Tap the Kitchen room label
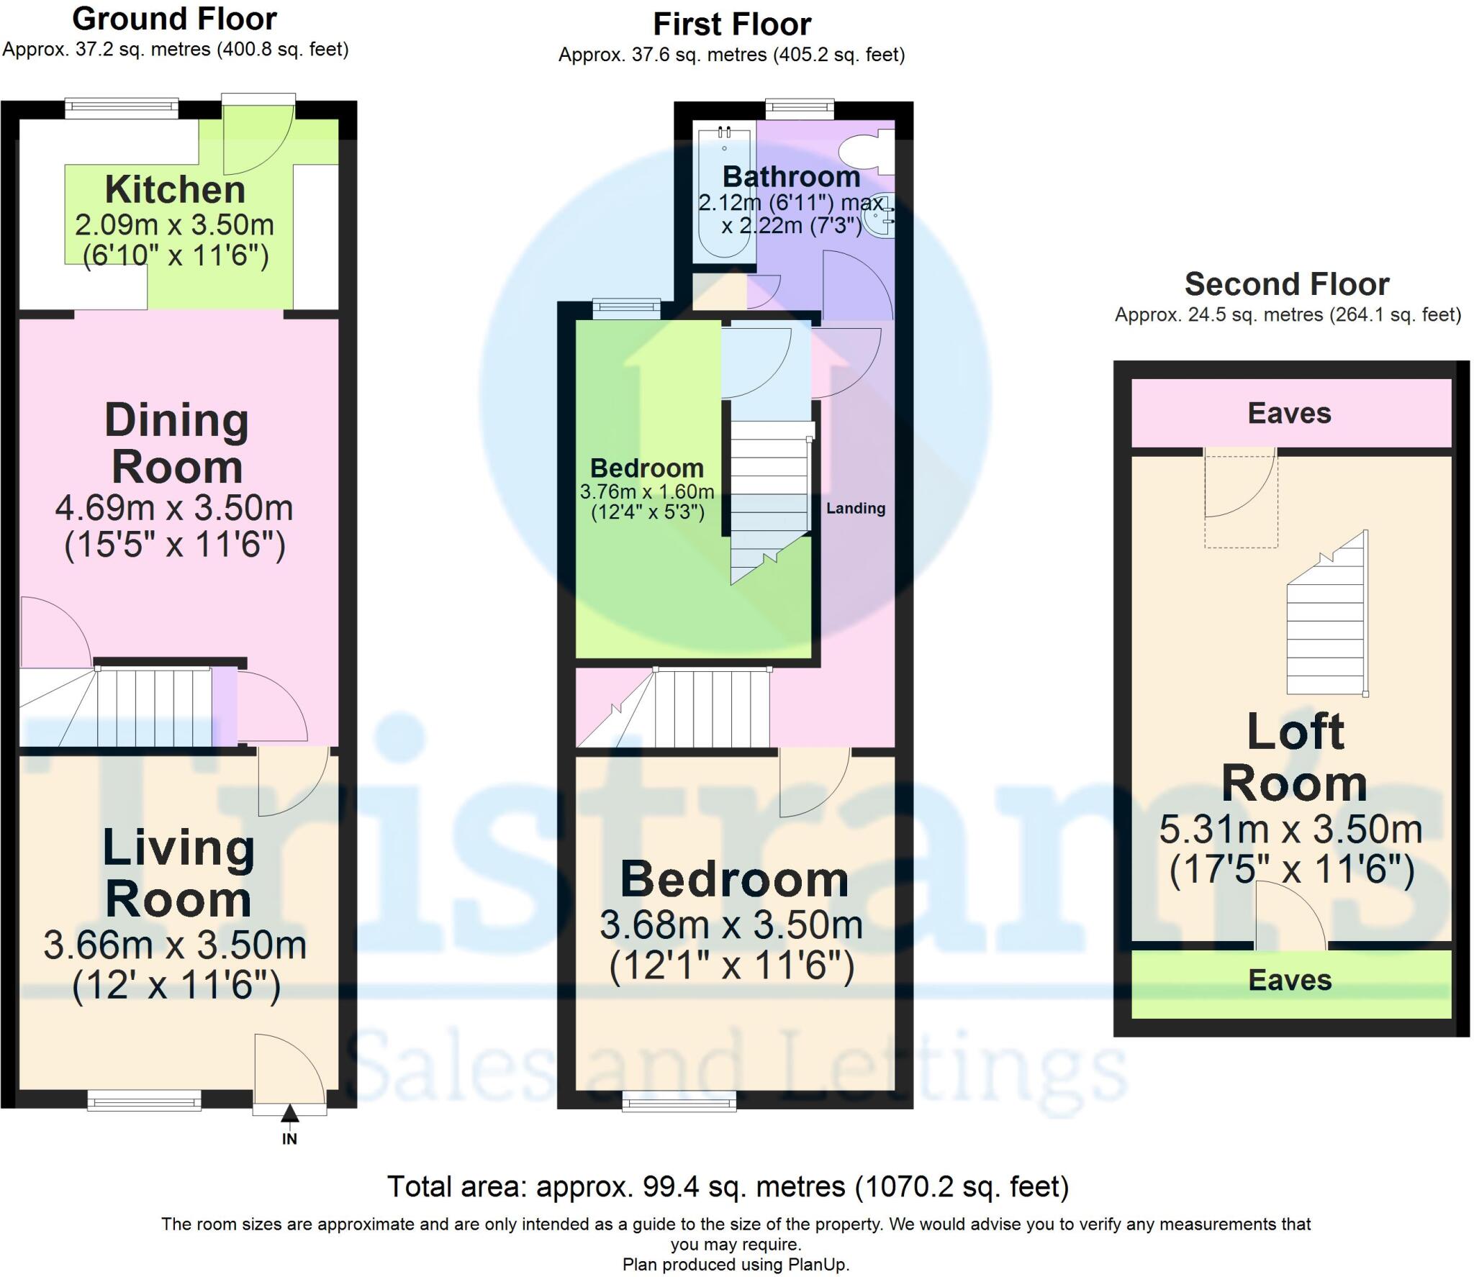[x=175, y=190]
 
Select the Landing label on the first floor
[x=855, y=508]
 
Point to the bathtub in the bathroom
[x=723, y=194]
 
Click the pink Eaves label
[x=1289, y=413]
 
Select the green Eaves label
[x=1290, y=980]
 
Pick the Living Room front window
[x=144, y=1100]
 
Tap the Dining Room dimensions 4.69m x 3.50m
[x=174, y=509]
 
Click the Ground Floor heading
[x=174, y=19]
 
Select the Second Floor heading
[x=1286, y=284]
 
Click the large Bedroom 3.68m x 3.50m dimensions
[x=731, y=925]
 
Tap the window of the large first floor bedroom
[x=679, y=1101]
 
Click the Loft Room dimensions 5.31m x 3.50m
[x=1290, y=830]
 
